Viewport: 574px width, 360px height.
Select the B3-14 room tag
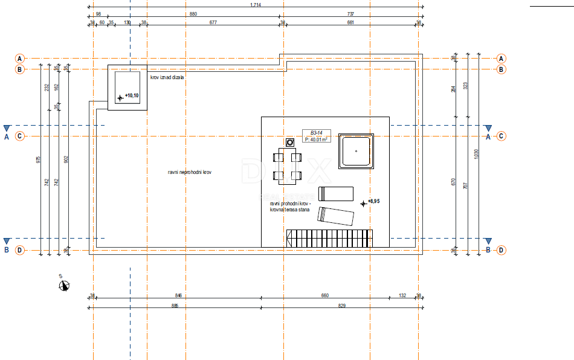[316, 132]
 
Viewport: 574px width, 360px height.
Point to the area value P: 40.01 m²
[316, 140]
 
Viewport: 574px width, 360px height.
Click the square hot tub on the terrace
[356, 150]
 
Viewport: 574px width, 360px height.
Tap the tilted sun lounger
[336, 216]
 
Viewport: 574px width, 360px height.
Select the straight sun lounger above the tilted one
[337, 193]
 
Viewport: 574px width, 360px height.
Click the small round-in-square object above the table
[290, 142]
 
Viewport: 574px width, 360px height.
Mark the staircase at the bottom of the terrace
[329, 238]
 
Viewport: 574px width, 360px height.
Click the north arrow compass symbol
[63, 286]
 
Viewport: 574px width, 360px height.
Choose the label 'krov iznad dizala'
[168, 78]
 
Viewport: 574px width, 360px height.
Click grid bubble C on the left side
[20, 136]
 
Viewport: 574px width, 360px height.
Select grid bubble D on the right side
[501, 250]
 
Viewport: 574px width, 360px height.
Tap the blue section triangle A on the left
[7, 128]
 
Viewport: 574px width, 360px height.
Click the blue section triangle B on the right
[488, 242]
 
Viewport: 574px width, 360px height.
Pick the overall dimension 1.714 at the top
[256, 5]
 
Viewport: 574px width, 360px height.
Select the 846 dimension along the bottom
[178, 295]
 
